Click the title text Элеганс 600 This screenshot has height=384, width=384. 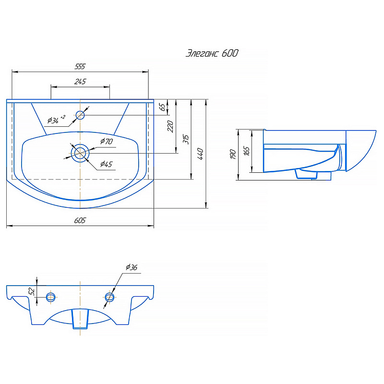(212, 53)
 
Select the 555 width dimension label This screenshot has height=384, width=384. (80, 66)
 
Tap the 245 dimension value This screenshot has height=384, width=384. (80, 81)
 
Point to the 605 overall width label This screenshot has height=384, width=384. (80, 220)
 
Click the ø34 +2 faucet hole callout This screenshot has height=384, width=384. (56, 119)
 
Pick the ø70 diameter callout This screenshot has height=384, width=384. (107, 141)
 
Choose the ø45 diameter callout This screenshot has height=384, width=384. (106, 164)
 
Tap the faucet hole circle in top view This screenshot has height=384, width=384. (80, 115)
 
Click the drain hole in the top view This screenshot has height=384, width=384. (80, 153)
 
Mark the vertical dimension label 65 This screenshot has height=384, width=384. (162, 107)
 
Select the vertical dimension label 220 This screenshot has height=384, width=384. (170, 126)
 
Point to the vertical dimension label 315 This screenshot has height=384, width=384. (186, 139)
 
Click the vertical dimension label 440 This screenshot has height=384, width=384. (200, 154)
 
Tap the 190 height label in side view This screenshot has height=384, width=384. (233, 154)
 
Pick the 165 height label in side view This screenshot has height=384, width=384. (247, 151)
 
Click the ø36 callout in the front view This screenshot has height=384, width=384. (132, 267)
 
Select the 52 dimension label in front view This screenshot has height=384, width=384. (31, 291)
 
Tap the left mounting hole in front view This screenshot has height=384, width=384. (51, 297)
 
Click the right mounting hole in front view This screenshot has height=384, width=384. (109, 297)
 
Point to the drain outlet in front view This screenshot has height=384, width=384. (80, 319)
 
